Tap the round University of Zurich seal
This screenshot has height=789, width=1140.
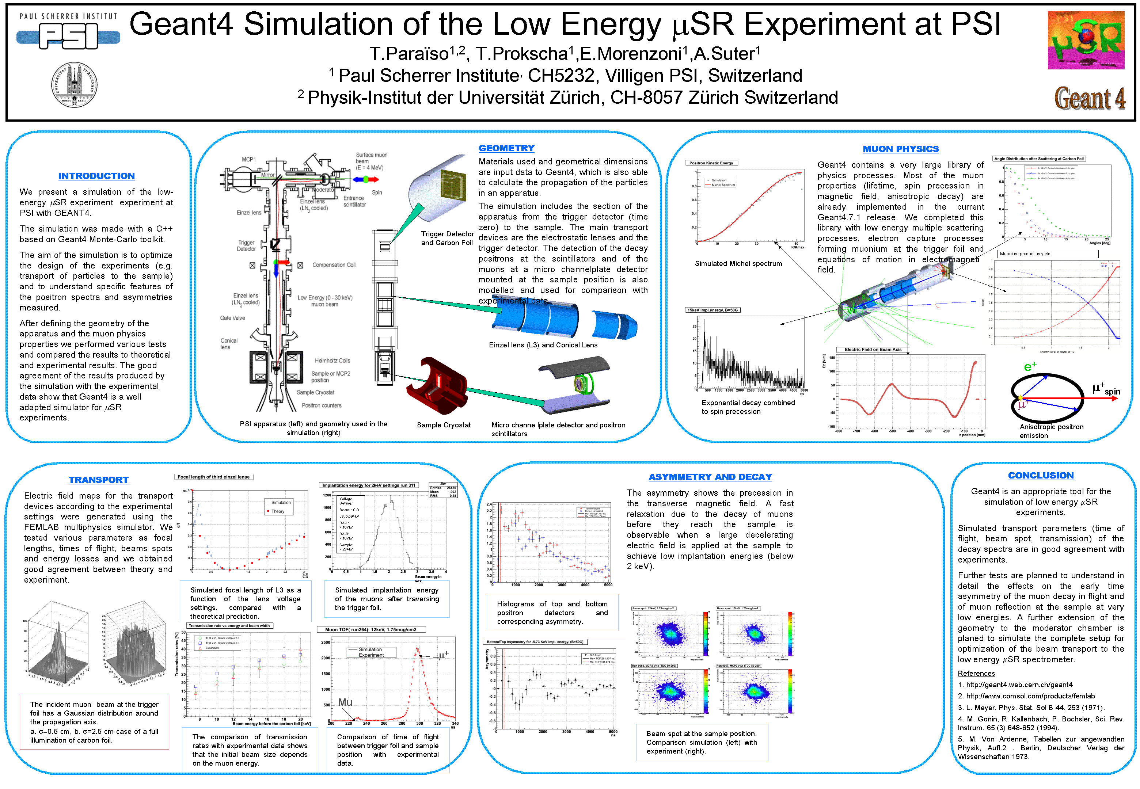coord(74,84)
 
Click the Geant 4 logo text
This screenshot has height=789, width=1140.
coord(1090,98)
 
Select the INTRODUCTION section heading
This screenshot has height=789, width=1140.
coord(96,176)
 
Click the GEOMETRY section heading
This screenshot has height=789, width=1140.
coord(506,148)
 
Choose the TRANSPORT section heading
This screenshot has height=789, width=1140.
coord(98,480)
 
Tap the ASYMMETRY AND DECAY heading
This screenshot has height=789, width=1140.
coord(710,477)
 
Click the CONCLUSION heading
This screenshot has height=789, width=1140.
coord(1041,476)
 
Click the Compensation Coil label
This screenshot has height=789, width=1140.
coord(334,265)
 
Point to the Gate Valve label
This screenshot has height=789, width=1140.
coord(232,318)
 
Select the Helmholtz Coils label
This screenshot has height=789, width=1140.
coord(332,361)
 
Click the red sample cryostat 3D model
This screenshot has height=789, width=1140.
coord(437,386)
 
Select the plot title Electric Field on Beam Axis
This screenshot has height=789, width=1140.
coord(873,350)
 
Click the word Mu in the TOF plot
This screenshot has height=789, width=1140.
coord(345,702)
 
